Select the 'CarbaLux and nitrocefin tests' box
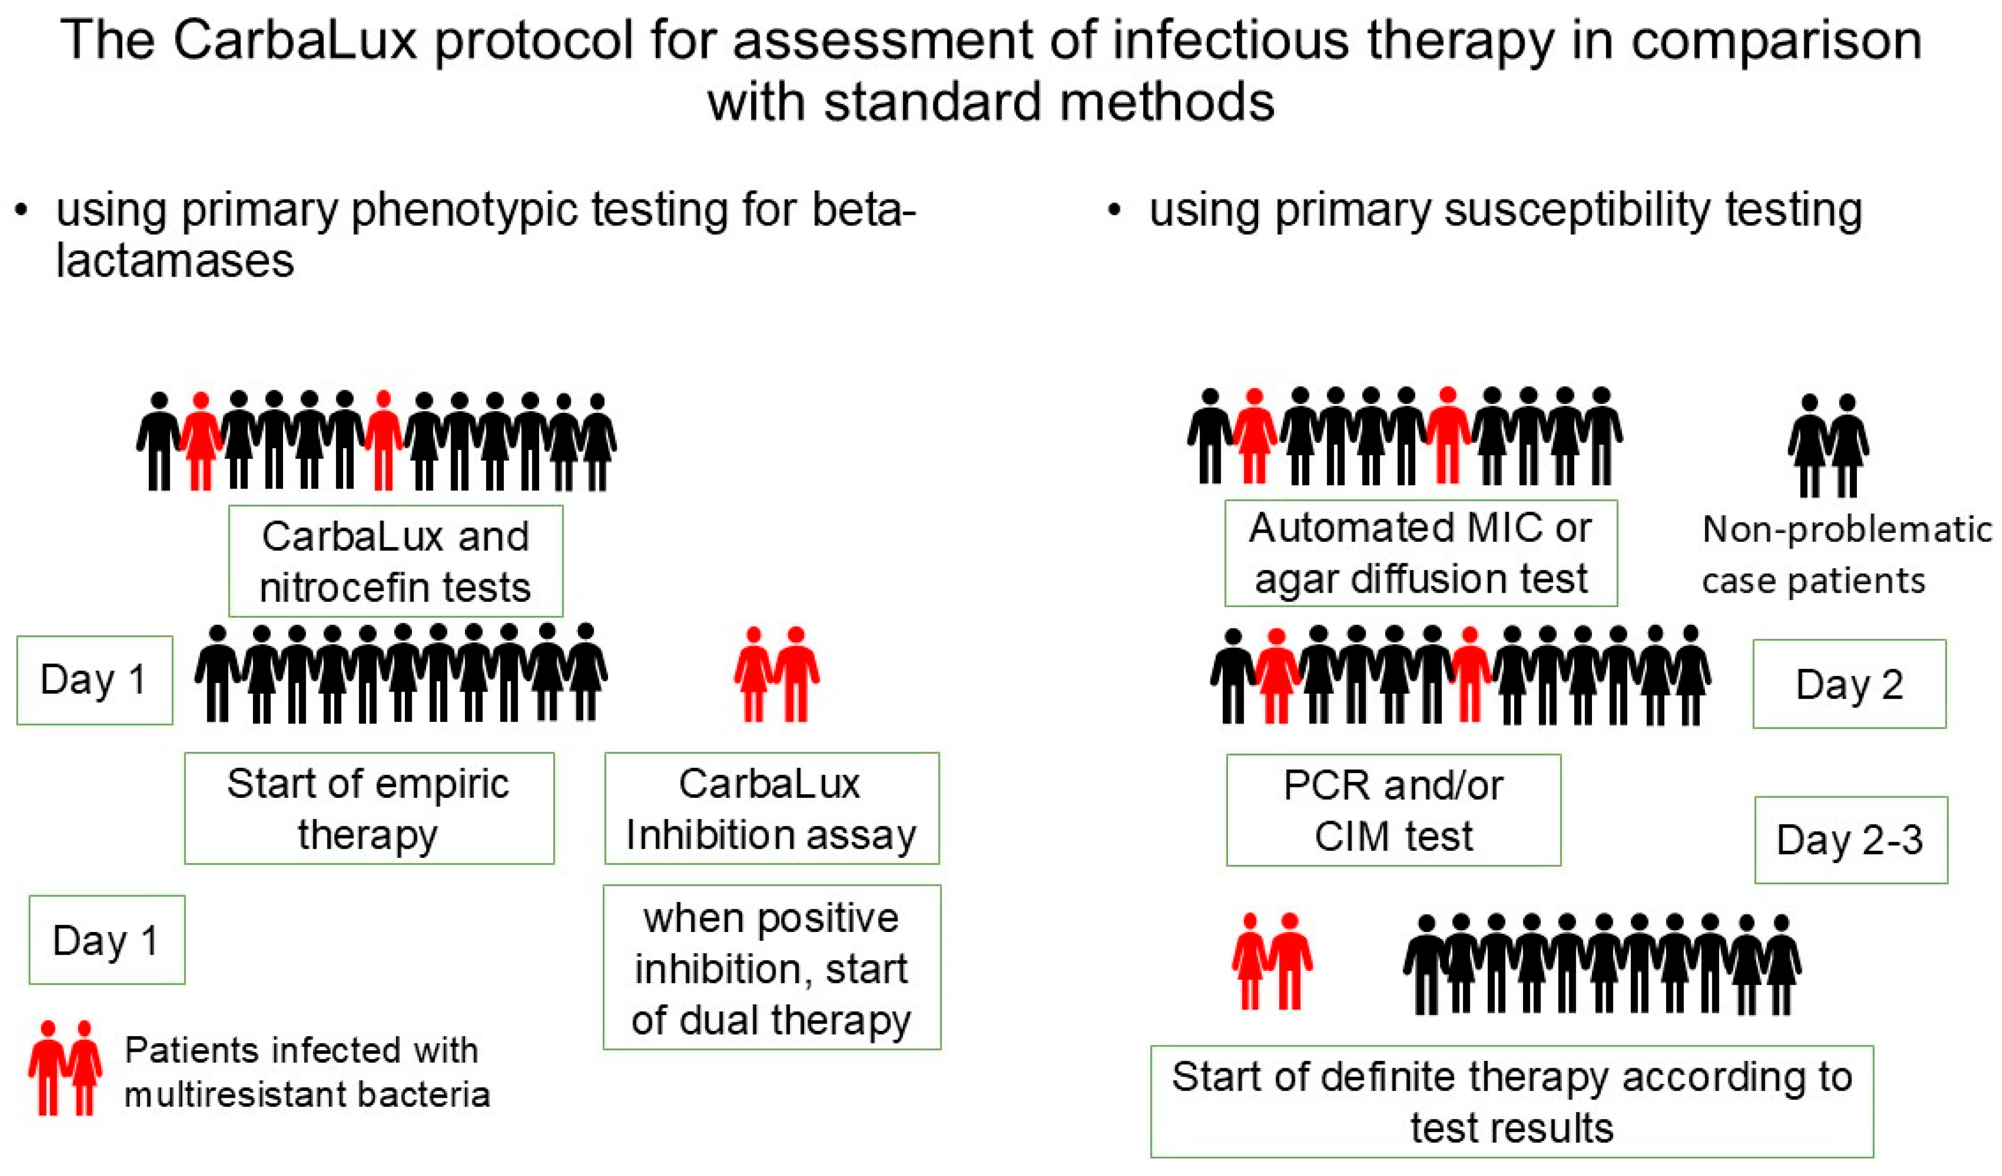pos(396,562)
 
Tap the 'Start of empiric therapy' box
pos(369,808)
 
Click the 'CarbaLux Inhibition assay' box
pos(771,808)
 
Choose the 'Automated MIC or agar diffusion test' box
pos(1420,553)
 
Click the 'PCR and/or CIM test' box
pos(1393,810)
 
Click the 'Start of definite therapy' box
pos(1511,1102)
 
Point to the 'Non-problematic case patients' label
pos(1845,555)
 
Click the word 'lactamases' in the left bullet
pos(175,261)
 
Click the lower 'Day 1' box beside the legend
pos(106,940)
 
